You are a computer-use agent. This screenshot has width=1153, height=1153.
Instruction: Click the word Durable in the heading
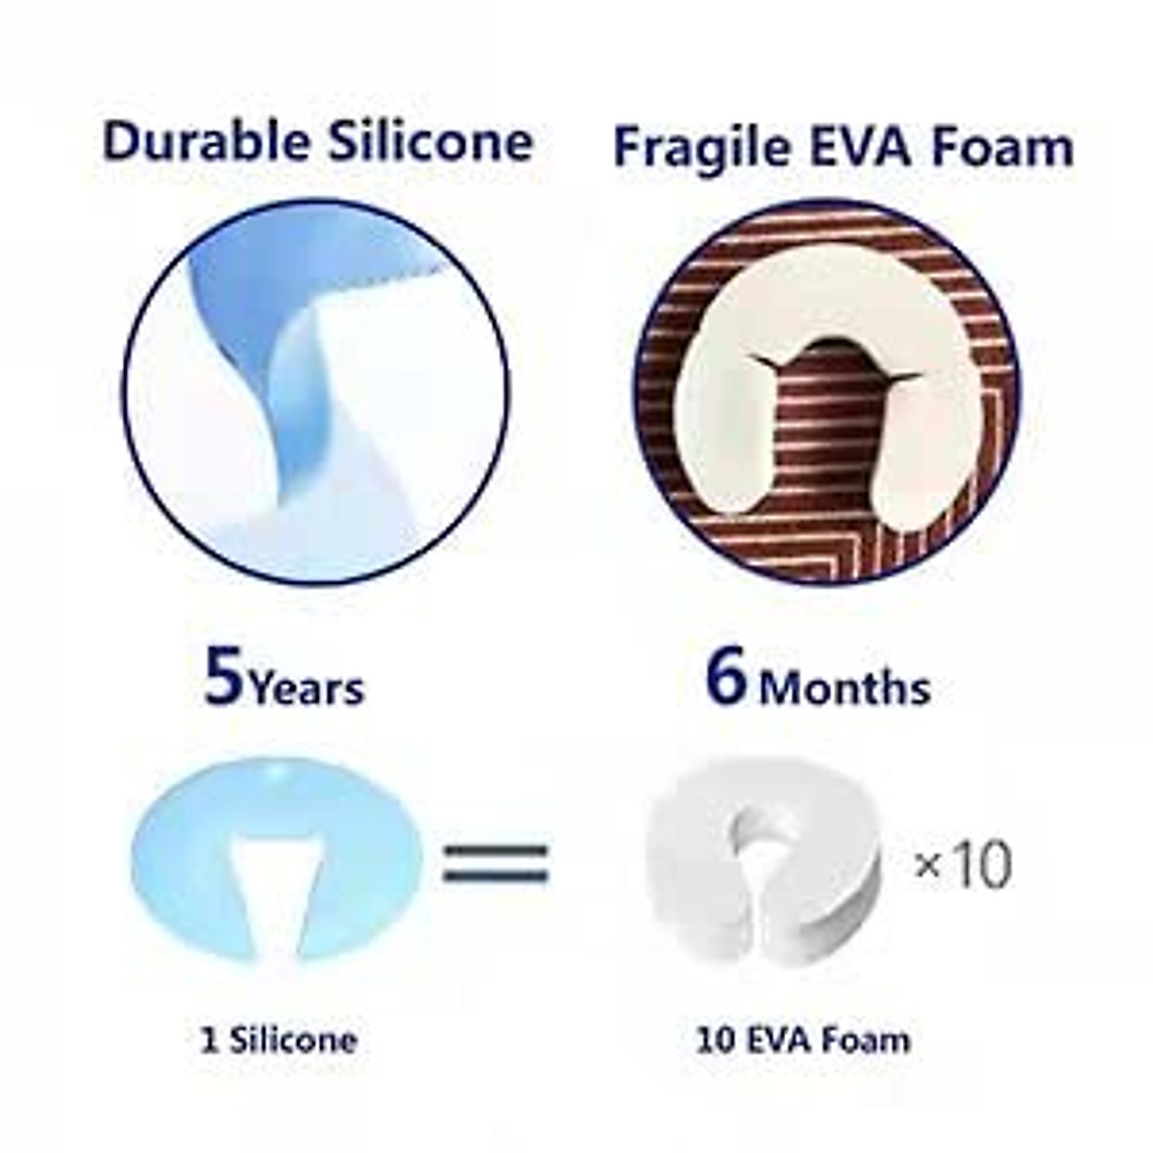pos(207,142)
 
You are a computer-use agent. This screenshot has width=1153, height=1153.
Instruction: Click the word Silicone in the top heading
pos(431,141)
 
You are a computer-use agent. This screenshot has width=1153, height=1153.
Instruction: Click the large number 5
pos(223,677)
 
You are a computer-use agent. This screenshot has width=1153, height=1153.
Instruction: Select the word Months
pos(845,688)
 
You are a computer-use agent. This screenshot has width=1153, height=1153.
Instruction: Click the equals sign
pos(496,864)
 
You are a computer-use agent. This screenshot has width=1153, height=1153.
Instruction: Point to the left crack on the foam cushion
pos(765,364)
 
